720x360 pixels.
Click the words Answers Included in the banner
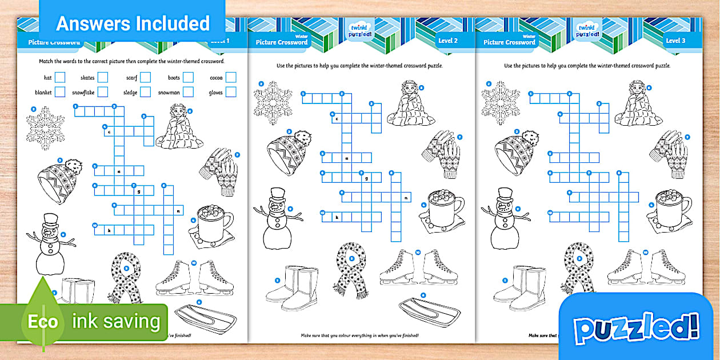[133, 23]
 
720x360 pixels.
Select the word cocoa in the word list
[215, 78]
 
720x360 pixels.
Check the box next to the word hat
[60, 78]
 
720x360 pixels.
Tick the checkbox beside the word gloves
[231, 92]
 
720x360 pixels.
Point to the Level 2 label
[447, 41]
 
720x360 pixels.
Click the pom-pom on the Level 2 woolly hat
[303, 139]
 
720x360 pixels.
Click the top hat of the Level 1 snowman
[50, 220]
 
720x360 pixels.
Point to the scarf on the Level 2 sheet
[349, 268]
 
